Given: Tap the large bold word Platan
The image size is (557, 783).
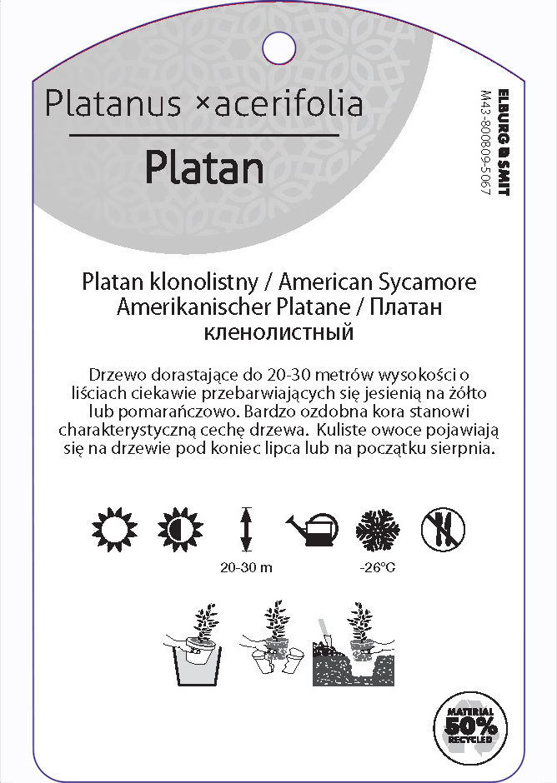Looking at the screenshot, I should pyautogui.click(x=204, y=167).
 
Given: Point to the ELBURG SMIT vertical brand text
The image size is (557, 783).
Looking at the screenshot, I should pyautogui.click(x=502, y=142).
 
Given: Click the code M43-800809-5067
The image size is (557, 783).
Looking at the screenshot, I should pyautogui.click(x=486, y=142).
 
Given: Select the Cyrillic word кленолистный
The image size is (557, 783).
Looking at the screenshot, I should pyautogui.click(x=279, y=333).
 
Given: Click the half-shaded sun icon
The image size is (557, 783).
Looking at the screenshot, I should pyautogui.click(x=177, y=528).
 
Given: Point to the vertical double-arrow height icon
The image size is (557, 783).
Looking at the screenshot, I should pyautogui.click(x=246, y=528).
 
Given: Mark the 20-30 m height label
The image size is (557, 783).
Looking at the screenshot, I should pyautogui.click(x=247, y=569).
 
